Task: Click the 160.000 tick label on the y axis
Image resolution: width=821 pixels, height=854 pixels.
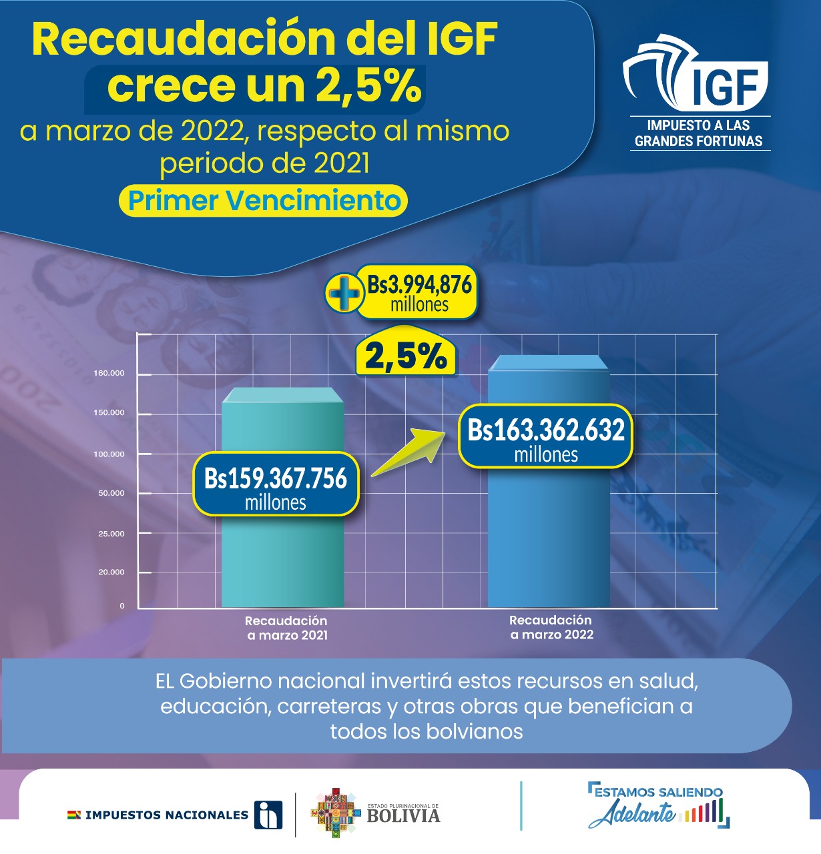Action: coord(109,373)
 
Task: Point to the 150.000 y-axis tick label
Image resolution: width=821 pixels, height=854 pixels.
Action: coord(109,413)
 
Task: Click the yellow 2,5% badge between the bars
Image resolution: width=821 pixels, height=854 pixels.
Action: coord(406,356)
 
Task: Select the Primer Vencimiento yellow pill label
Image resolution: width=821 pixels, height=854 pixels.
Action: coord(264,201)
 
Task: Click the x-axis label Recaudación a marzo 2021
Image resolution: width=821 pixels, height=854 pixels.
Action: coord(287,628)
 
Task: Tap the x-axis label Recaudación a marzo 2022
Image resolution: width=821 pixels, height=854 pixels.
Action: coord(551,627)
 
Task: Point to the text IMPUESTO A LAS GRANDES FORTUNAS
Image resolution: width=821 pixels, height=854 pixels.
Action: coord(698,133)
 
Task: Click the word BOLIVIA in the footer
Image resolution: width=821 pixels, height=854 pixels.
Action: coord(403,815)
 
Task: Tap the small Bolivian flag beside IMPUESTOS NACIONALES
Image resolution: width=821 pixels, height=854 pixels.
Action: coord(73,815)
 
